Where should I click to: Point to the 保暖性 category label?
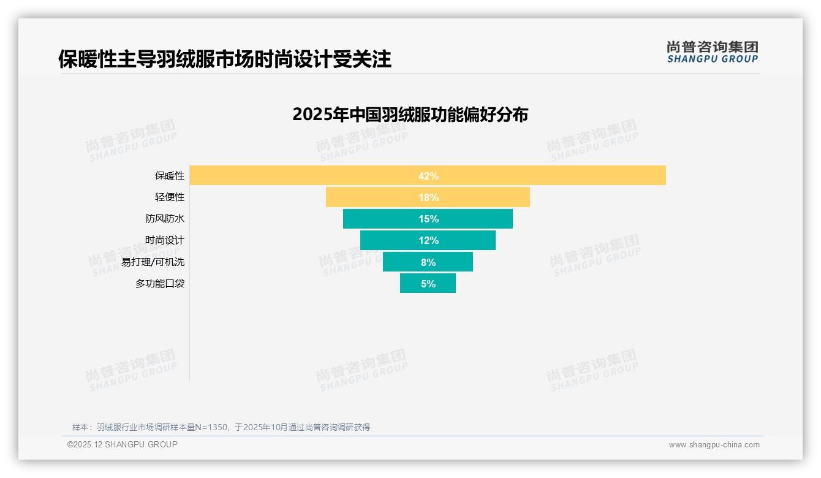[x=169, y=176]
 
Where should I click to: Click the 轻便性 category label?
[x=169, y=197]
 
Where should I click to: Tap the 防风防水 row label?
[x=164, y=219]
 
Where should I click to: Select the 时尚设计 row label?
[x=164, y=240]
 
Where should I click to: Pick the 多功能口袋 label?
[x=159, y=284]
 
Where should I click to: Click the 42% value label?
[x=428, y=176]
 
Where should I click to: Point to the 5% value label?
[x=428, y=284]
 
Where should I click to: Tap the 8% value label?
[x=428, y=262]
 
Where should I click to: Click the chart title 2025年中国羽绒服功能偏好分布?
[x=410, y=115]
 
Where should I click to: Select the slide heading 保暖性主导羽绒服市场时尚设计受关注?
[x=224, y=59]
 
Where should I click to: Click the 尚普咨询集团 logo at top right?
[x=712, y=51]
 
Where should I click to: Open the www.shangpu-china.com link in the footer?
[x=714, y=445]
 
